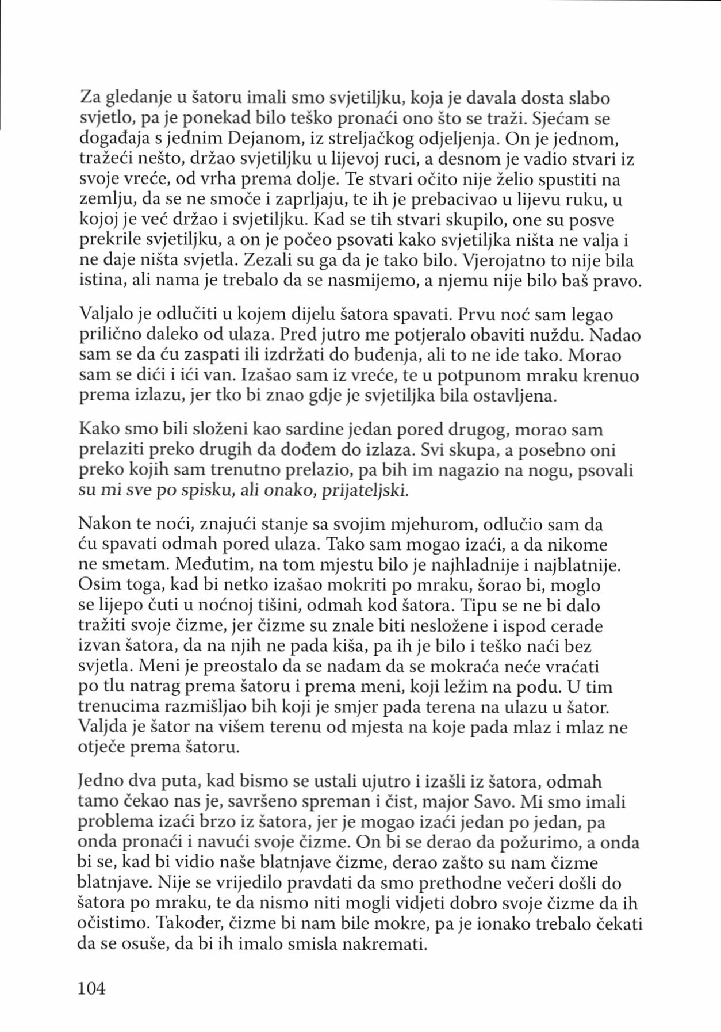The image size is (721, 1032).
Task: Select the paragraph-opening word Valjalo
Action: [x=107, y=315]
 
